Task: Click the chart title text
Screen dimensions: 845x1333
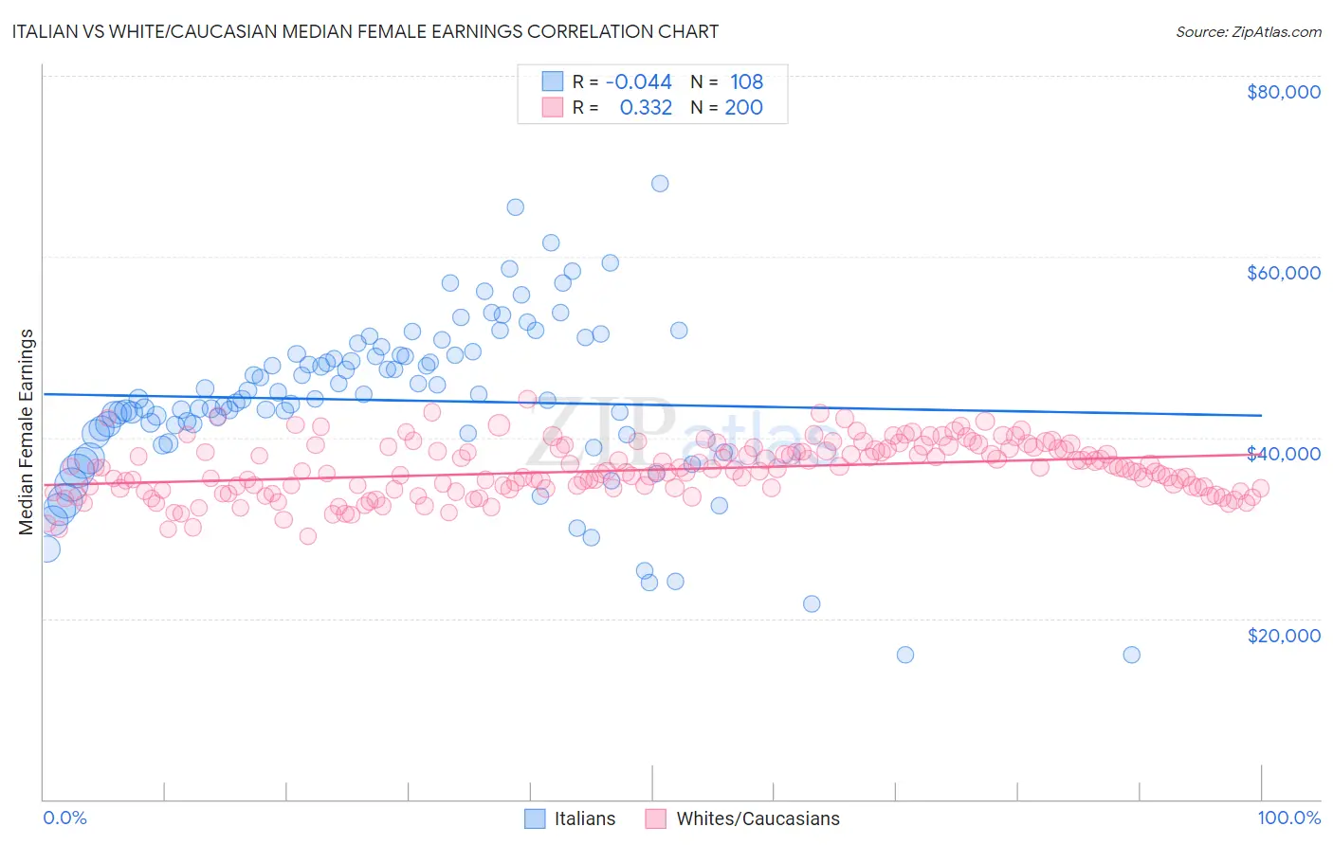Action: point(365,31)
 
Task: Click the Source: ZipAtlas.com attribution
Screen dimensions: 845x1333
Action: point(1248,31)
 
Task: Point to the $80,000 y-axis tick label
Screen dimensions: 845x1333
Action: point(1283,92)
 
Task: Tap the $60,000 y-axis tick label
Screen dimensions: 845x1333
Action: point(1283,273)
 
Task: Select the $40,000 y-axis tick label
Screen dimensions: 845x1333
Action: point(1283,454)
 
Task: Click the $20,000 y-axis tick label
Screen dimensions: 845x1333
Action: point(1283,635)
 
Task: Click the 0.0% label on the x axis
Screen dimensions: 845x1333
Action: point(64,818)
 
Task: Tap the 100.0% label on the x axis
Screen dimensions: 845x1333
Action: point(1288,818)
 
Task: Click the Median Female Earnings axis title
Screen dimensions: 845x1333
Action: point(27,432)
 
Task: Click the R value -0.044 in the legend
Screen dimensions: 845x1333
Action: point(638,82)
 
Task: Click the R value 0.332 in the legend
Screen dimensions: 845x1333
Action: point(646,108)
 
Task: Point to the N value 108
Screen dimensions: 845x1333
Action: point(746,82)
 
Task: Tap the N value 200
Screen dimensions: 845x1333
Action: point(743,108)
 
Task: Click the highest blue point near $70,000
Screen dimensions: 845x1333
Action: point(660,183)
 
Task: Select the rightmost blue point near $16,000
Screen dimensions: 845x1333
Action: point(1131,655)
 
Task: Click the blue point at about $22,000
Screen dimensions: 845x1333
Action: point(812,603)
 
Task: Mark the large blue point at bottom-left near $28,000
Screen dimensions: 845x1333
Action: point(45,548)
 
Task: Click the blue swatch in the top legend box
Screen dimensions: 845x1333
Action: point(552,82)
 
